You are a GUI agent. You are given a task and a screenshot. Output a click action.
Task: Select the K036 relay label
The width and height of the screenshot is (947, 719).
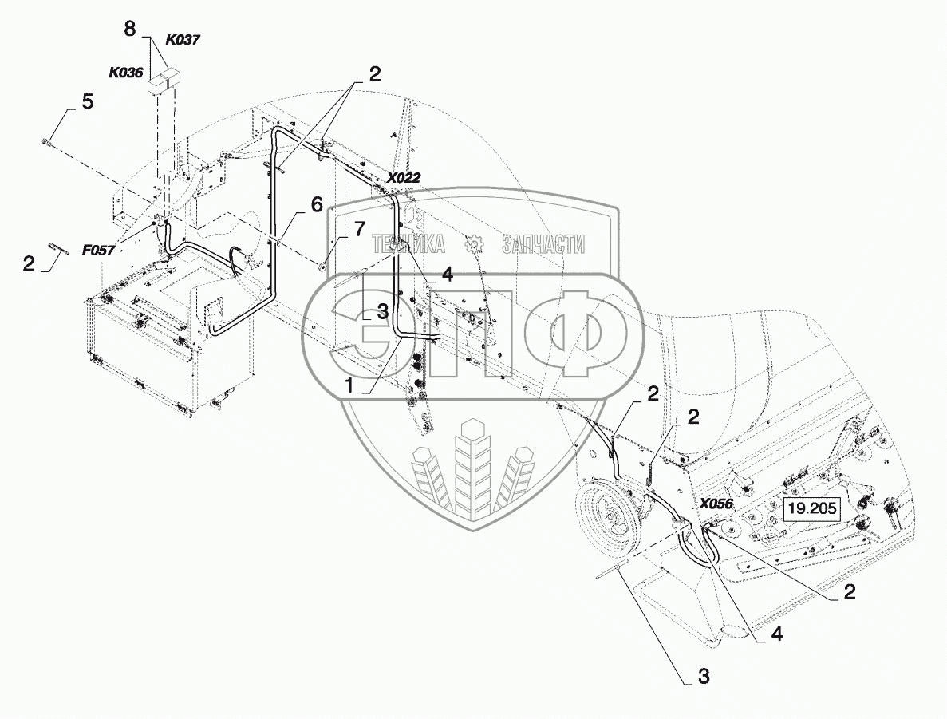126,73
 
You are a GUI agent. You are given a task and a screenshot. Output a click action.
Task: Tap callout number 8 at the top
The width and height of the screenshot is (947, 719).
130,29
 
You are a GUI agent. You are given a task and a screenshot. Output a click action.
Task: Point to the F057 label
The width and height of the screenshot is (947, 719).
97,250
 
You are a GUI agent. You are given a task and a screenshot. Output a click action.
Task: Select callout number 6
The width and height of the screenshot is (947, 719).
317,204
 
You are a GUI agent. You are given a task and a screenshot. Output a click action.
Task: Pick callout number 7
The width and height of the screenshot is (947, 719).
358,231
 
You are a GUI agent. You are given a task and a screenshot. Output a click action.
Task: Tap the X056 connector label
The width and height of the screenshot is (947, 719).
716,504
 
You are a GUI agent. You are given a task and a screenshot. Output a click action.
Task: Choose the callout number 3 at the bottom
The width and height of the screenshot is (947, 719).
703,677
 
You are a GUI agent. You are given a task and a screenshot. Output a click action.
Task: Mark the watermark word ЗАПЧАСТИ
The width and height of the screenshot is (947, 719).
543,245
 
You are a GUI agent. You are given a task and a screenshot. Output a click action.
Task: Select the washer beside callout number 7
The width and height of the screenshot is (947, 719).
324,267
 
